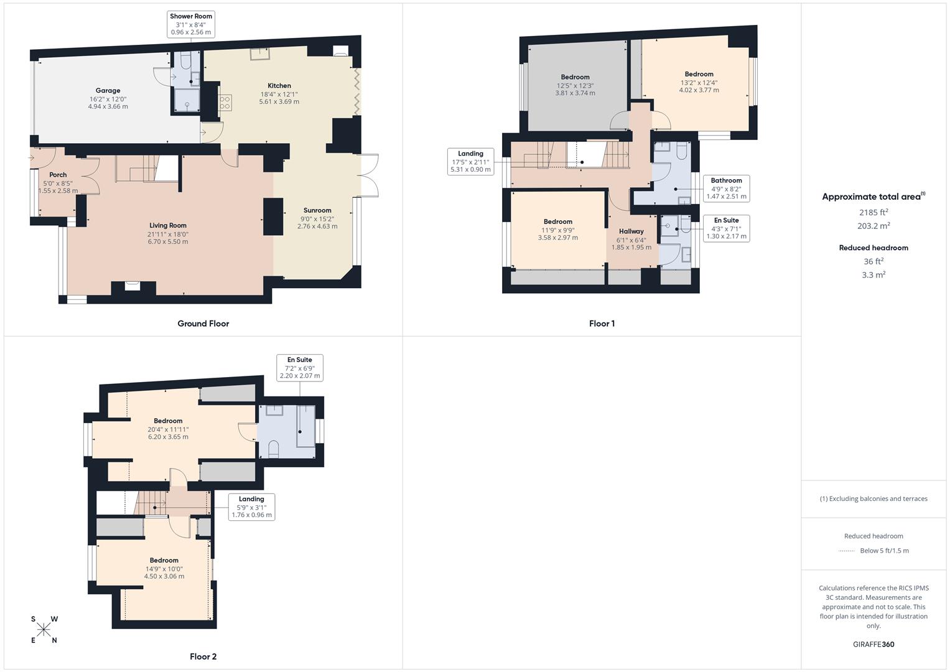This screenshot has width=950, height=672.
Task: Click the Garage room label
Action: [108, 91]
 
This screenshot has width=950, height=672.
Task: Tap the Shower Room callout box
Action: [191, 24]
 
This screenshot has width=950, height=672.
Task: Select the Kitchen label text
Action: [279, 86]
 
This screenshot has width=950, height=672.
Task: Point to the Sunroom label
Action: [317, 210]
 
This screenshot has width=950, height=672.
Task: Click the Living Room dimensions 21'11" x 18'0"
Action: [168, 235]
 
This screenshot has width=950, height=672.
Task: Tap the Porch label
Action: [58, 175]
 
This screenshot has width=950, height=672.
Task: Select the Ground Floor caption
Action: [203, 324]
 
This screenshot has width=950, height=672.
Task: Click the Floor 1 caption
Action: [602, 324]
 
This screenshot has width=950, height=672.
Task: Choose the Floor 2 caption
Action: [203, 656]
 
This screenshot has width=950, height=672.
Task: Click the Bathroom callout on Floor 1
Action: [726, 189]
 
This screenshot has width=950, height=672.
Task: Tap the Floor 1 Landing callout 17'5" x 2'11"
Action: [470, 161]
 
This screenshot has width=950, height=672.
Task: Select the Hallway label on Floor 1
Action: [631, 231]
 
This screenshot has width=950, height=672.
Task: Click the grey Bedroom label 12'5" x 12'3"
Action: [575, 78]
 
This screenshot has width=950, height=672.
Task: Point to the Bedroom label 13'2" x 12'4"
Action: [699, 74]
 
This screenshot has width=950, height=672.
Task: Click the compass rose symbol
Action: [44, 630]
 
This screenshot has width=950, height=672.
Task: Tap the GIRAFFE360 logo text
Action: [873, 645]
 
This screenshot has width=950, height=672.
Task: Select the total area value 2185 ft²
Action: [873, 212]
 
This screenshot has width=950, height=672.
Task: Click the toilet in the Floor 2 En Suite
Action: [272, 449]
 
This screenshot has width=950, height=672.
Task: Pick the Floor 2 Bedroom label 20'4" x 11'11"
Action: [168, 421]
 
